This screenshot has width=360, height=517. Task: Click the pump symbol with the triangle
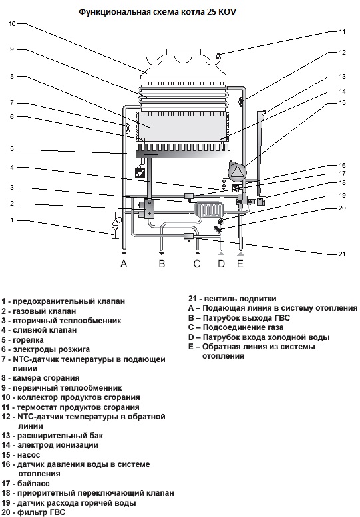(237, 171)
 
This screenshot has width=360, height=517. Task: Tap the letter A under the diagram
(124, 263)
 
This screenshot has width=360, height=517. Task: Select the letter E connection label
(240, 263)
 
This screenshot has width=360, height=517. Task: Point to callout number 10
(12, 24)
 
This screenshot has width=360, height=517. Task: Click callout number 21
(342, 254)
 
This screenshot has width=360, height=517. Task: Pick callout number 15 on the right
(342, 103)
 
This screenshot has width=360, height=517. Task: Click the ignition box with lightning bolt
(140, 173)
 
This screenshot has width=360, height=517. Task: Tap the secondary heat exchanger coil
(209, 210)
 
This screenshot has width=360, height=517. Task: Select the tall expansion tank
(262, 152)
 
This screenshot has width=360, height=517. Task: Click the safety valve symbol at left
(116, 225)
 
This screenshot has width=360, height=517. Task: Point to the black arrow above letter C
(197, 253)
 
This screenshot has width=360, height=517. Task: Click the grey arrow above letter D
(221, 253)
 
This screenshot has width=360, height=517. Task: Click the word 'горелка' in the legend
(28, 340)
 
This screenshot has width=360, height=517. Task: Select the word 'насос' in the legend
(29, 455)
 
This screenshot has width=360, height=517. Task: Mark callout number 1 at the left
(12, 220)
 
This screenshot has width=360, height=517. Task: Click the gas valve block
(146, 208)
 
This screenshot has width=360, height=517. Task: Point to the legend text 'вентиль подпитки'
(240, 299)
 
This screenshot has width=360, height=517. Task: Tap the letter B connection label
(162, 263)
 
